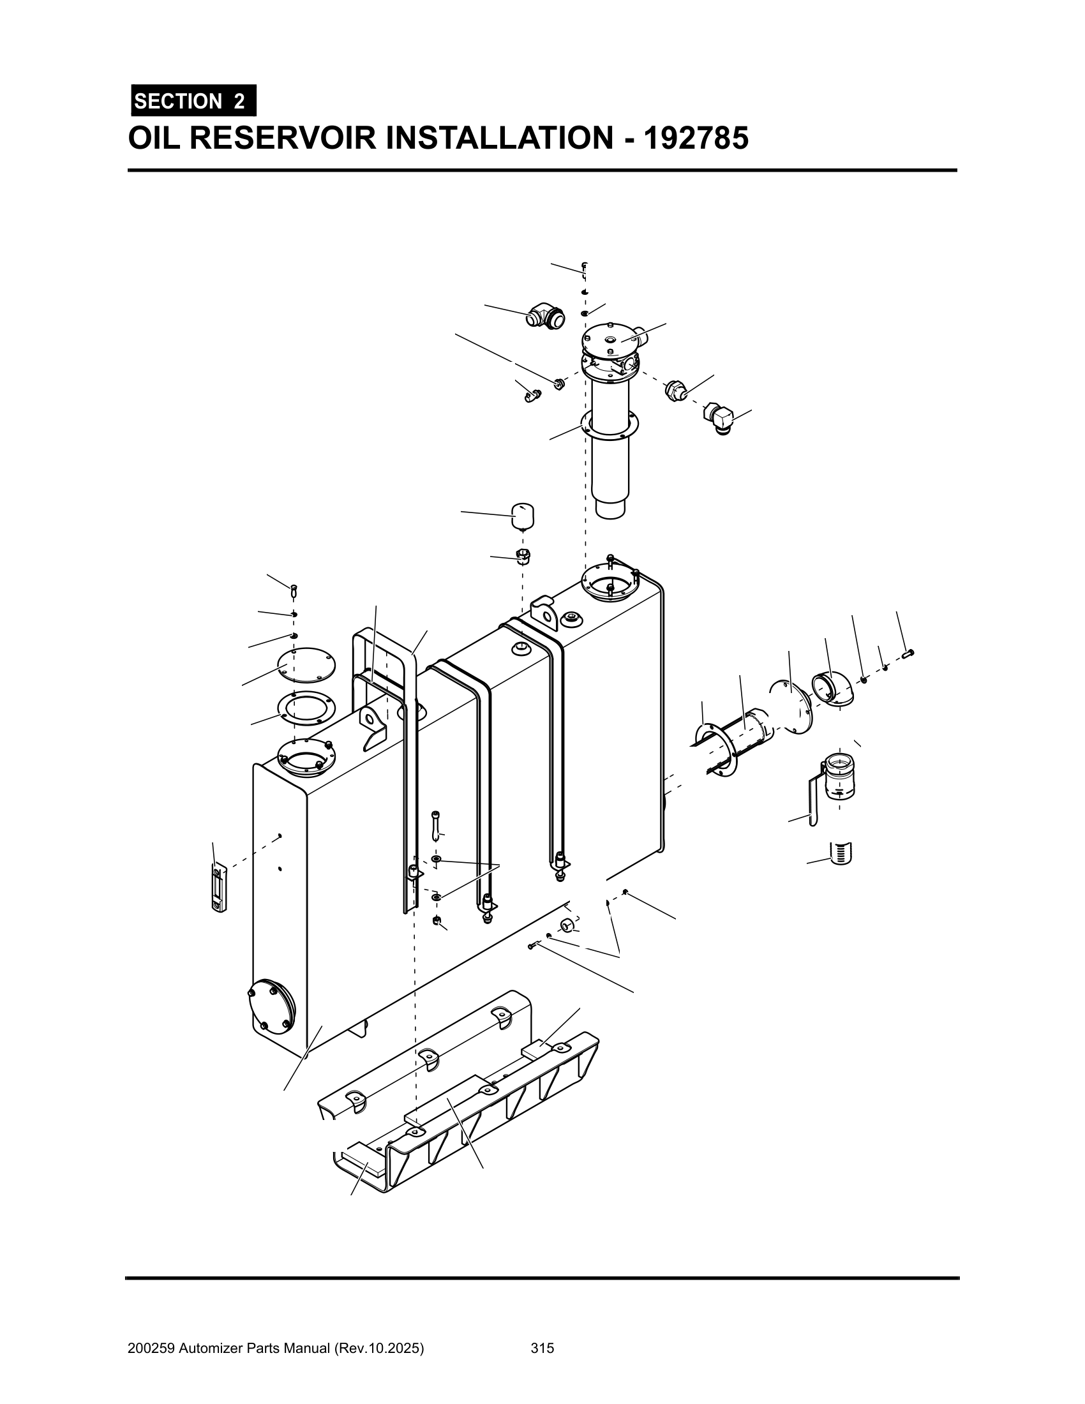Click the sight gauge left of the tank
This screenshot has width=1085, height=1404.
[219, 888]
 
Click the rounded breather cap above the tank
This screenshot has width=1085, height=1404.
[523, 516]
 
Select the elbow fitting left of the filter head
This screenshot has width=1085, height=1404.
[543, 317]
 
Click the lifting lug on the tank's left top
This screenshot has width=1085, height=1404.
[373, 726]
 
